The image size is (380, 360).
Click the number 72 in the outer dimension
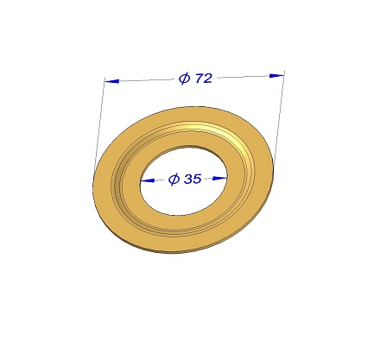click(x=204, y=78)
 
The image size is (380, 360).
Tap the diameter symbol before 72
click(x=185, y=79)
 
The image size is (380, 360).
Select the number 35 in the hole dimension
click(x=193, y=179)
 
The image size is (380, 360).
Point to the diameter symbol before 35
click(x=174, y=180)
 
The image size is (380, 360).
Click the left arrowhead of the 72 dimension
click(x=112, y=81)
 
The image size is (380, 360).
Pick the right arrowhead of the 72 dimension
click(x=276, y=75)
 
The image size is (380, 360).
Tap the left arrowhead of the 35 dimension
click(x=148, y=180)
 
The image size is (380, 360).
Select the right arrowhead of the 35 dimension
click(x=219, y=178)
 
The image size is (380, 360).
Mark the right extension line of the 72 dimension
click(x=279, y=118)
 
